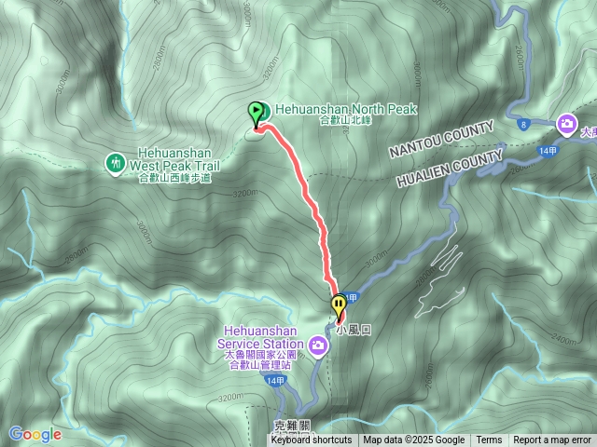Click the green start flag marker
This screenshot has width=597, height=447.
pyautogui.click(x=256, y=114)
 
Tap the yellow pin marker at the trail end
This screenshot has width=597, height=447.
pyautogui.click(x=338, y=305)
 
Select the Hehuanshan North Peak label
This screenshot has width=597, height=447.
pyautogui.click(x=345, y=109)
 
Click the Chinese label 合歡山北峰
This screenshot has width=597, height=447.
pyautogui.click(x=345, y=121)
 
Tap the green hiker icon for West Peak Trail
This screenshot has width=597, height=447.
pyautogui.click(x=115, y=163)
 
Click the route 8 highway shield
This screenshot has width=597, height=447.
pyautogui.click(x=524, y=124)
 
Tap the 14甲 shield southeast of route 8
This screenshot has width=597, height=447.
pyautogui.click(x=548, y=149)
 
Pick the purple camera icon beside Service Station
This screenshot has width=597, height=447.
pyautogui.click(x=319, y=347)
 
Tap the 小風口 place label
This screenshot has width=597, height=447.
pyautogui.click(x=354, y=329)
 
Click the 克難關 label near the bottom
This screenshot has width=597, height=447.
pyautogui.click(x=291, y=426)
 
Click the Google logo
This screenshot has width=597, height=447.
pyautogui.click(x=35, y=434)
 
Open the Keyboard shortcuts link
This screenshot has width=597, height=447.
pyautogui.click(x=312, y=440)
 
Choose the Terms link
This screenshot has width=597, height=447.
pyautogui.click(x=489, y=440)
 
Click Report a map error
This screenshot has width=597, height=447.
pyautogui.click(x=552, y=440)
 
